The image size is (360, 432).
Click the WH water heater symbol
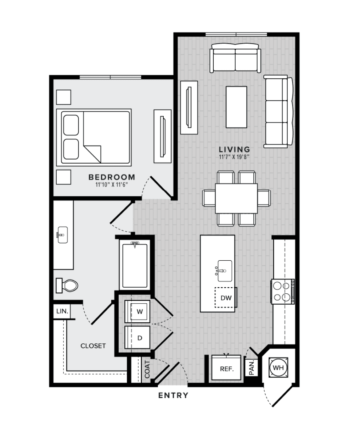pos(279,367)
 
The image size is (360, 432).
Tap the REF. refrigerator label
pos(227,369)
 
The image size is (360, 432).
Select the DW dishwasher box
pos(226,297)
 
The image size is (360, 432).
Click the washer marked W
pos(137,311)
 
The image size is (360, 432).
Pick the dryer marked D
pos(137,338)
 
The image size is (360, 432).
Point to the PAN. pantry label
pos(252,368)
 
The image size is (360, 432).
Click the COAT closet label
pos(147,369)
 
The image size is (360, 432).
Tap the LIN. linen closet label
pos(62,311)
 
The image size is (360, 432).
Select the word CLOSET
pos(93,346)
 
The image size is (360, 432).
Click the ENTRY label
pos(173,395)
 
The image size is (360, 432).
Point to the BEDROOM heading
pos(112,177)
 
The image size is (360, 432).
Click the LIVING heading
pos(234,149)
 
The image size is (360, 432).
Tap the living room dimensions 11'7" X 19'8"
pos(234,157)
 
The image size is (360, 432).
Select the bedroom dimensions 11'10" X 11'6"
pos(112,184)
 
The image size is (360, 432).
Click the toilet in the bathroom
pos(67,286)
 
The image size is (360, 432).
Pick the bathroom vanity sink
pos(62,235)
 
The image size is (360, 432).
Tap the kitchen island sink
pos(224,271)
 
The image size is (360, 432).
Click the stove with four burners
pos(283,292)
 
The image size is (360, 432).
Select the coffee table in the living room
pos(236,107)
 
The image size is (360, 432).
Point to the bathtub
pos(135,265)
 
